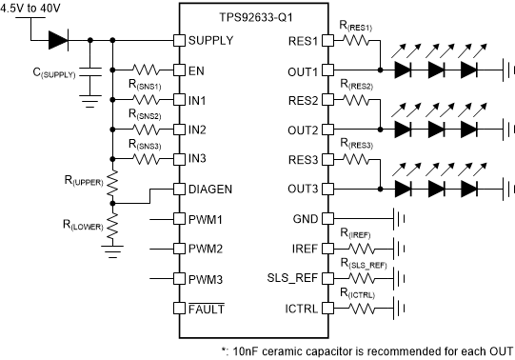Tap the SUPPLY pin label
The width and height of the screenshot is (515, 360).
click(210, 41)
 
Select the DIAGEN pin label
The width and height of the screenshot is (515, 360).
click(211, 189)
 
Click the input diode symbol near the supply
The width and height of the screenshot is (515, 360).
click(58, 41)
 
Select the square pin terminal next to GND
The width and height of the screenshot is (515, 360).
click(327, 219)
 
